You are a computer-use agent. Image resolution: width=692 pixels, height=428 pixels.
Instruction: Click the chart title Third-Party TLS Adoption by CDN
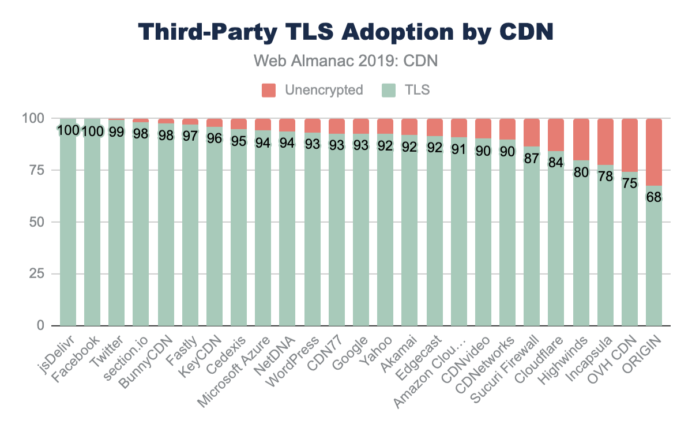click(x=346, y=32)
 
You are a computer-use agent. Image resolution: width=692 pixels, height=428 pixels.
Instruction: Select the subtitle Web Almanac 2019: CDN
click(x=346, y=61)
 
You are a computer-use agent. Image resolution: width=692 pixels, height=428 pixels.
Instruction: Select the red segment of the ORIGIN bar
click(x=654, y=152)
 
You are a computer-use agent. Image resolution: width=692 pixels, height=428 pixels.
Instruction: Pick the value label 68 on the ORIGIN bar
click(x=654, y=197)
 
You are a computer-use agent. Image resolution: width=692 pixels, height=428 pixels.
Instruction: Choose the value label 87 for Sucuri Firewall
click(x=532, y=157)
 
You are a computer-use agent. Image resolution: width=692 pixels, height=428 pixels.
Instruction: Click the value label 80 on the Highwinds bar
click(x=581, y=172)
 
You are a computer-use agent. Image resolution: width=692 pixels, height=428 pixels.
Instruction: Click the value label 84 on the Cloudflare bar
click(x=556, y=163)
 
